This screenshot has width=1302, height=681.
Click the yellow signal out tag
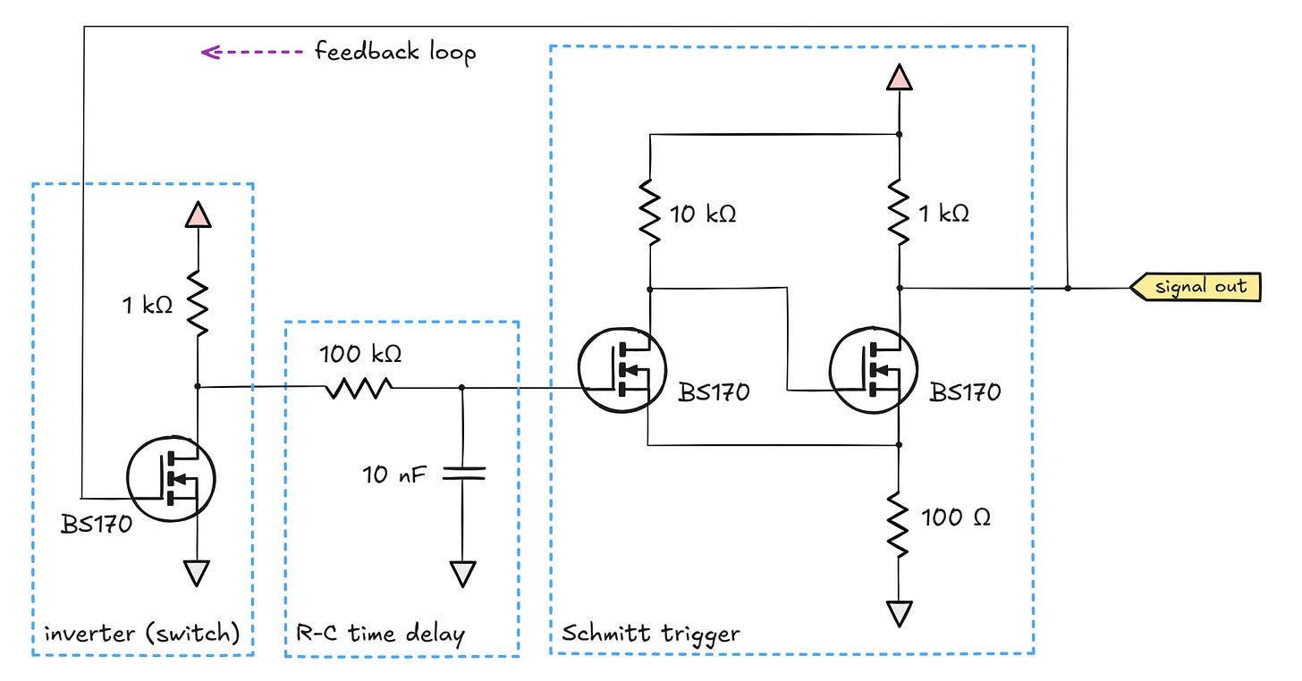[x=1196, y=288]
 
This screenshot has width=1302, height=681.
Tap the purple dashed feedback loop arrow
[x=252, y=52]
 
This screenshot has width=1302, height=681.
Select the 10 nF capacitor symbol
[x=461, y=473]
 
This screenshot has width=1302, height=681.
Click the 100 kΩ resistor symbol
[x=358, y=387]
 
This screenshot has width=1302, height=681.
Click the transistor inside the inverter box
[x=170, y=480]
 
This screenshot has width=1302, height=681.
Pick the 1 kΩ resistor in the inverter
[x=197, y=303]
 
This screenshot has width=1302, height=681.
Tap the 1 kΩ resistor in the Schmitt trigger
[x=899, y=213]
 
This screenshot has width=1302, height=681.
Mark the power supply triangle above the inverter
[x=197, y=214]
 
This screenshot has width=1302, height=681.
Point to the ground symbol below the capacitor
[x=461, y=573]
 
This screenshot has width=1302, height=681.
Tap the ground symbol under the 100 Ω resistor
[x=899, y=613]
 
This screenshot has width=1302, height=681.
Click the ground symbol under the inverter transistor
[x=197, y=571]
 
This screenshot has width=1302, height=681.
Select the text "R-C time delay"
[x=379, y=635]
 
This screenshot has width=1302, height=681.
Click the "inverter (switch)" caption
[x=142, y=635]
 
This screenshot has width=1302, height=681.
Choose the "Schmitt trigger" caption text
[x=650, y=634]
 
